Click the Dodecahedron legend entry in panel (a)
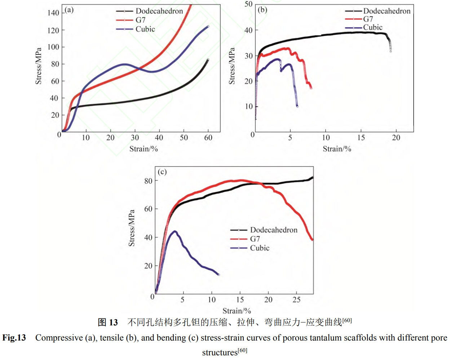[159, 11]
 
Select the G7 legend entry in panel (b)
[368, 19]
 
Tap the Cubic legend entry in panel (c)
[260, 248]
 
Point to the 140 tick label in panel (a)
[53, 13]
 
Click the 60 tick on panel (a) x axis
[208, 138]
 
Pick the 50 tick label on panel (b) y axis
[248, 4]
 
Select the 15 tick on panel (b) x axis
[361, 138]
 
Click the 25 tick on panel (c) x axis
[296, 300]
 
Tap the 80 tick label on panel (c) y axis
[148, 181]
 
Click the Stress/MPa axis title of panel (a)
[38, 66]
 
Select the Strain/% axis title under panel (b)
[337, 149]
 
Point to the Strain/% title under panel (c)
[237, 311]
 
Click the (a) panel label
[69, 10]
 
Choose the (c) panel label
[162, 172]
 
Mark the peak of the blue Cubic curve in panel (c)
[175, 231]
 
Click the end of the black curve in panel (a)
[208, 59]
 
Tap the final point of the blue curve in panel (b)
[297, 106]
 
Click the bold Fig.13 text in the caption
[14, 338]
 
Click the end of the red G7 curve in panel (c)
[312, 239]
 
